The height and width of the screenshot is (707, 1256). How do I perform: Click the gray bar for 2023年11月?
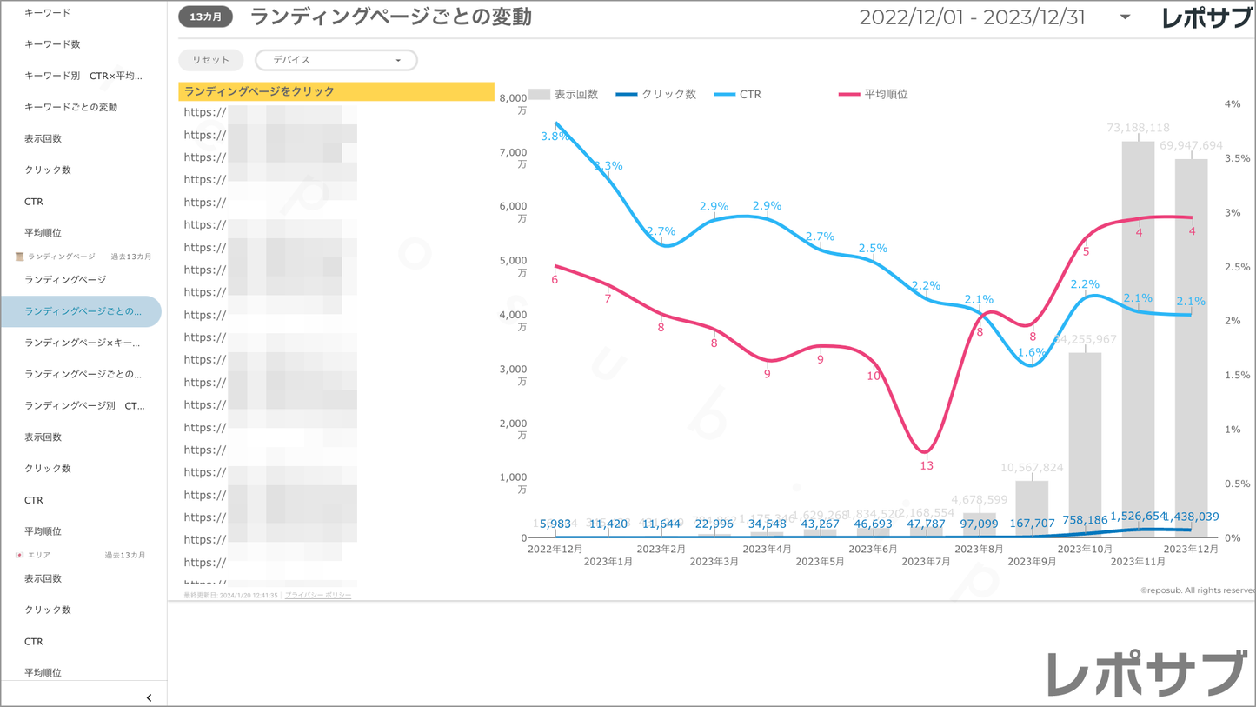1138,339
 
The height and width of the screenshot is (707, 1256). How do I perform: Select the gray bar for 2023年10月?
1085,444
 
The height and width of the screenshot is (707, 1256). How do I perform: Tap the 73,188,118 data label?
1138,128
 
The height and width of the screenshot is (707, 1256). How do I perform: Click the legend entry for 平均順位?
874,94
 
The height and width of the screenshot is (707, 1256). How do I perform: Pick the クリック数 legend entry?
656,94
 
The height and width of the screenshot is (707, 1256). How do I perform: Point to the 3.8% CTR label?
555,137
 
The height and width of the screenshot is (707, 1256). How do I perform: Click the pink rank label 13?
927,466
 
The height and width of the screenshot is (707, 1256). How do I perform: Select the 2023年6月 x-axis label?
873,550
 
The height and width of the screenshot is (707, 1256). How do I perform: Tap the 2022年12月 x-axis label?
555,550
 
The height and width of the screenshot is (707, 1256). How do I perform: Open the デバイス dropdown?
336,60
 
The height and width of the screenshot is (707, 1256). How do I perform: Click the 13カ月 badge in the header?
206,17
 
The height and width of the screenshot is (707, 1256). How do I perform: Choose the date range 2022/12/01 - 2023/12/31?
972,17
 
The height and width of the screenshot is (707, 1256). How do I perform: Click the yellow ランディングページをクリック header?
336,91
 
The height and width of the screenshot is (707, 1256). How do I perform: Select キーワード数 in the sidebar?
52,44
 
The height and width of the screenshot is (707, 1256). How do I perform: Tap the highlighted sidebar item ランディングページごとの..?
82,311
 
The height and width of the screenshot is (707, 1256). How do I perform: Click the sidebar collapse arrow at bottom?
150,697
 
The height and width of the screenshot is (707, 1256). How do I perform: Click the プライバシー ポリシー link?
318,596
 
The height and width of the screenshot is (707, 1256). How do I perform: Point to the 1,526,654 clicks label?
1138,517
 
